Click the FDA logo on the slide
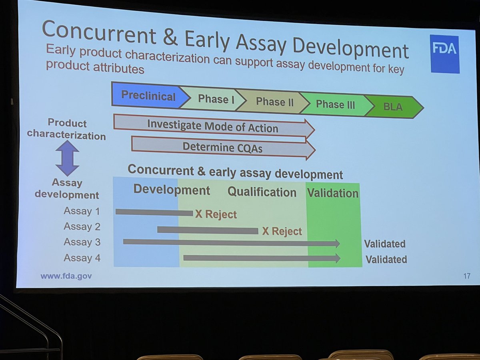444,54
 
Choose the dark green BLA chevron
394,107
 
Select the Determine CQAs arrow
222,147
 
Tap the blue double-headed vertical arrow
67,158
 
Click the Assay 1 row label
82,211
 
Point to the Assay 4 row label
82,258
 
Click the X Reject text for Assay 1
216,214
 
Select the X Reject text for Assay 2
282,231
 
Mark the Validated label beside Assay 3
384,244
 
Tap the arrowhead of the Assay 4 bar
337,258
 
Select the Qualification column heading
262,192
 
